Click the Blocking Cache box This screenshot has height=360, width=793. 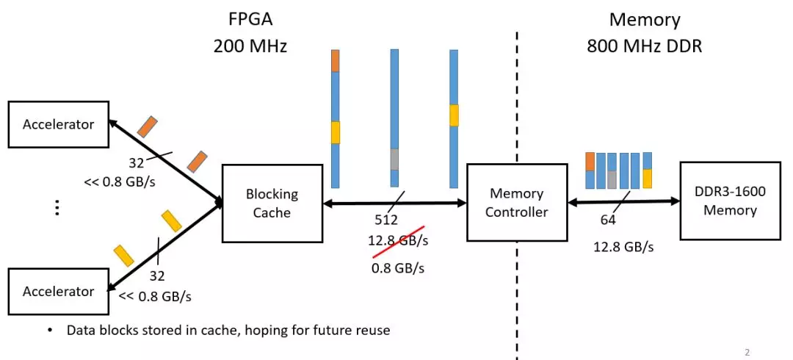272,203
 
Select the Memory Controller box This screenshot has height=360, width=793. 516,202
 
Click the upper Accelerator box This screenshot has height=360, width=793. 59,124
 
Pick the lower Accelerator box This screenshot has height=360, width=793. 59,291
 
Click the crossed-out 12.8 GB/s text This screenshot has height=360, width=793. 398,240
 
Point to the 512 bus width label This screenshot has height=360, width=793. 386,220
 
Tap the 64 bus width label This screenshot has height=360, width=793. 608,220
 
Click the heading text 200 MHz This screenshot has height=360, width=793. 250,46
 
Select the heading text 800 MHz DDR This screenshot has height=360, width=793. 645,46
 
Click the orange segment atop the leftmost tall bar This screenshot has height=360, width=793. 336,61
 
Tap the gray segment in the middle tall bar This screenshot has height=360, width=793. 394,159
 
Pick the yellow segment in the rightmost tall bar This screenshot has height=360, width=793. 455,115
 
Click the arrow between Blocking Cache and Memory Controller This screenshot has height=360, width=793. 394,203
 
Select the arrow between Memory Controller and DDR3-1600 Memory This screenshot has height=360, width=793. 623,201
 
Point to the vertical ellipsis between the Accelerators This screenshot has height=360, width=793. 57,208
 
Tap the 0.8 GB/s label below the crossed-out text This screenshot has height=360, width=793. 398,268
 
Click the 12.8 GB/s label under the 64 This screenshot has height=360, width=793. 623,247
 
